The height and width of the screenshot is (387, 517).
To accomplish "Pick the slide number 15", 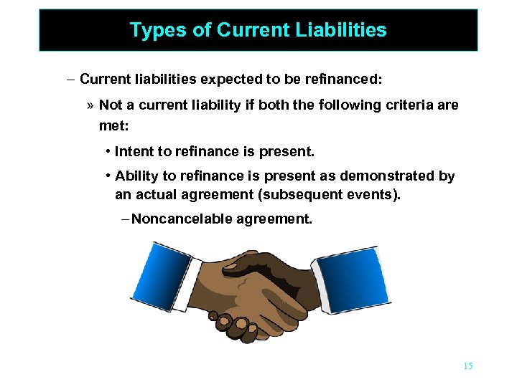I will (467, 366).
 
